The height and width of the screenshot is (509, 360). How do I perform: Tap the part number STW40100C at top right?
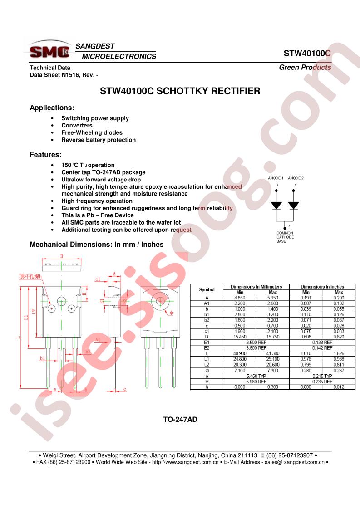pyautogui.click(x=307, y=53)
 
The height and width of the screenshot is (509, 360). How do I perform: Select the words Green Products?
pyautogui.click(x=305, y=67)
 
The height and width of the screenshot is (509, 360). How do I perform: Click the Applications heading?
pyautogui.click(x=52, y=108)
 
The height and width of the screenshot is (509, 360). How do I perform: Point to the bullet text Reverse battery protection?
pyautogui.click(x=99, y=140)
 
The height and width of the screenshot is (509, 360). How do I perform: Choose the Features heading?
pyautogui.click(x=45, y=155)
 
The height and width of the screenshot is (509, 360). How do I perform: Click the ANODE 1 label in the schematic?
pyautogui.click(x=276, y=178)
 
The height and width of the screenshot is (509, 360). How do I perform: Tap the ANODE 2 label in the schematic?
pyautogui.click(x=296, y=178)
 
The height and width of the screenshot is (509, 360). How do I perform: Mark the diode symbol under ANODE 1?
pyautogui.click(x=276, y=205)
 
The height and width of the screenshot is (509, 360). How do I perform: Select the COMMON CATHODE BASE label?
pyautogui.click(x=285, y=237)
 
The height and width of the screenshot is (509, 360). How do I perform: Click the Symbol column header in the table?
pyautogui.click(x=207, y=289)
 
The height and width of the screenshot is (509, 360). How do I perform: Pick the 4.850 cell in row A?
pyautogui.click(x=240, y=298)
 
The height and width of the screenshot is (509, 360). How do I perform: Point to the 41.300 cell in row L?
pyautogui.click(x=272, y=353)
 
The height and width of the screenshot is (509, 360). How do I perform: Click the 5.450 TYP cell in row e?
pyautogui.click(x=256, y=376)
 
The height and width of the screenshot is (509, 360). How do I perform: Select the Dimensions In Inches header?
pyautogui.click(x=322, y=287)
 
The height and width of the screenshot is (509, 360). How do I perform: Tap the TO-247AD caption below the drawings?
pyautogui.click(x=180, y=420)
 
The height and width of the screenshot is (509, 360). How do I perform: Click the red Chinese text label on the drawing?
pyautogui.click(x=30, y=276)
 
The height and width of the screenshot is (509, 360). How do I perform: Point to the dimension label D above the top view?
pyautogui.click(x=61, y=256)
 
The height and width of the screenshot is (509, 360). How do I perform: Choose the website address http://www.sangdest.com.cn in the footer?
pyautogui.click(x=185, y=462)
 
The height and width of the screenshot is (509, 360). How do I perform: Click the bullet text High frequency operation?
pyautogui.click(x=97, y=201)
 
